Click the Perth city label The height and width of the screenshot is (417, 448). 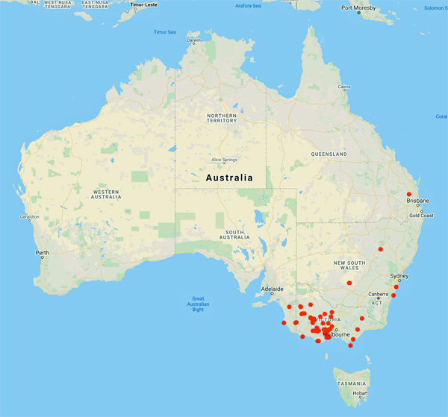point(42,253)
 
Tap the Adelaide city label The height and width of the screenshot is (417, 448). point(272,289)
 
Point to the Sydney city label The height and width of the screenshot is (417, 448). point(399,275)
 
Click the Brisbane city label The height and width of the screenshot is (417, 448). point(418,201)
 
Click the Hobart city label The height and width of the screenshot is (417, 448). point(361,393)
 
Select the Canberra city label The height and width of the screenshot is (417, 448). point(378,293)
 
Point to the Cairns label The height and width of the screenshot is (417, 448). point(344,87)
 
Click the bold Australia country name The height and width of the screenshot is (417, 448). point(228,178)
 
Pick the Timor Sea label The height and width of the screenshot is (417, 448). point(164,32)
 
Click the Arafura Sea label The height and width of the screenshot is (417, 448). point(248,6)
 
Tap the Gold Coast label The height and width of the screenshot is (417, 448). point(420,216)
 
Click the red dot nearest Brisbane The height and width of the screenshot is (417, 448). point(408,194)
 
